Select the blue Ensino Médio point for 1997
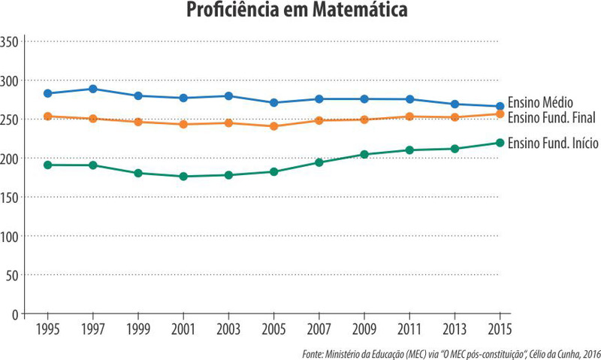[x=92, y=89]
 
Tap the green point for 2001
[x=183, y=176]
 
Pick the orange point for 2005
[x=273, y=126]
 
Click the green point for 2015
[x=500, y=143]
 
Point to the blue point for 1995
[x=47, y=93]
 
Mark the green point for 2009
[x=364, y=155]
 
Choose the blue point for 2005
[x=273, y=102]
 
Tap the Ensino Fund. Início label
[x=553, y=143]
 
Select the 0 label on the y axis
[x=15, y=314]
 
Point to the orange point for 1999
[x=137, y=122]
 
